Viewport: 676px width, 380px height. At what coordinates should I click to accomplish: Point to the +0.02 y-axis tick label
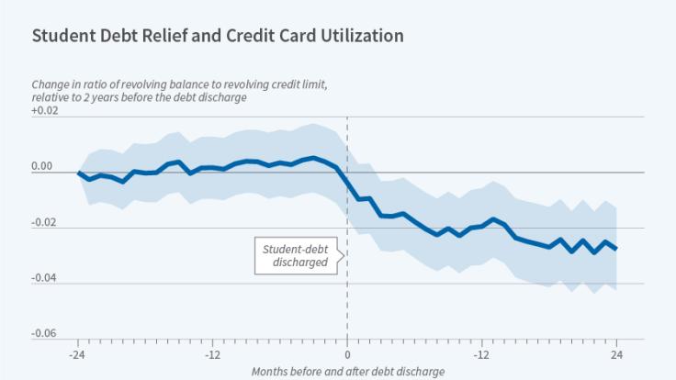(x=44, y=111)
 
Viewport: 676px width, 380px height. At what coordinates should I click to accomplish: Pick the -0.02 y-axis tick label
(x=44, y=222)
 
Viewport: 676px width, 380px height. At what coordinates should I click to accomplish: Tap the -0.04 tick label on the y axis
(x=44, y=278)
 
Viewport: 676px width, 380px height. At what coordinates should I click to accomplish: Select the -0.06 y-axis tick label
(x=44, y=333)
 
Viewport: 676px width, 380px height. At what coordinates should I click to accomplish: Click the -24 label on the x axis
(x=78, y=354)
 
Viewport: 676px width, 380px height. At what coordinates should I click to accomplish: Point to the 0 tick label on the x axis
(x=347, y=354)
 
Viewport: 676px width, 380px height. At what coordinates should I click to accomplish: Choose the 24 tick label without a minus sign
(x=615, y=354)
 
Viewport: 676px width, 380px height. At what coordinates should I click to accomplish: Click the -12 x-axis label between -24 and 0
(x=212, y=354)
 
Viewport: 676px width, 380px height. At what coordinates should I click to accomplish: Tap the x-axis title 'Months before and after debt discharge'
(x=348, y=371)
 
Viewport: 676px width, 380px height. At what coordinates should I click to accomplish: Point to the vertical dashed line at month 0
(x=347, y=303)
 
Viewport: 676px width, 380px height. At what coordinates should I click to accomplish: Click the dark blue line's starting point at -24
(x=78, y=173)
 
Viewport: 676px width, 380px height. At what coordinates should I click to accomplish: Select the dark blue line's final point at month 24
(x=615, y=249)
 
